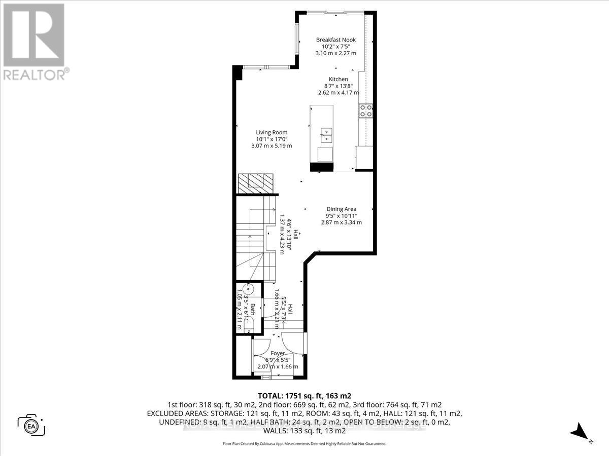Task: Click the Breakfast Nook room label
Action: click(x=335, y=40)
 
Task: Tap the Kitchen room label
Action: click(x=338, y=79)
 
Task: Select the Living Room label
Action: click(x=272, y=132)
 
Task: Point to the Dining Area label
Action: click(x=341, y=209)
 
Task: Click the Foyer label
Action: click(x=278, y=354)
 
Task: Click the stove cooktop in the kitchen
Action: click(x=365, y=110)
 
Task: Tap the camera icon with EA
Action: click(x=31, y=425)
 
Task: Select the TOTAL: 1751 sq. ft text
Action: click(x=304, y=396)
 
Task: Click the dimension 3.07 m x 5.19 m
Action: click(x=272, y=146)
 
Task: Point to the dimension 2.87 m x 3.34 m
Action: click(x=341, y=222)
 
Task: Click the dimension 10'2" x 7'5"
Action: click(x=335, y=46)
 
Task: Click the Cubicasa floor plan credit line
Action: click(x=304, y=443)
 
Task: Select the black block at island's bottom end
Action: click(x=321, y=167)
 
